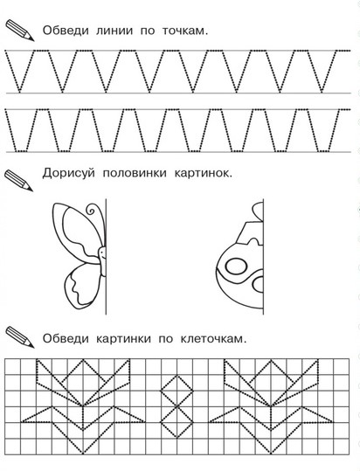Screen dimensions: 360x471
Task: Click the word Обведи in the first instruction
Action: pyautogui.click(x=66, y=31)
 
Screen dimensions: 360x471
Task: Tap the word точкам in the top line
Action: pyautogui.click(x=185, y=31)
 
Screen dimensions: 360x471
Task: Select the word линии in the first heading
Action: pyautogui.click(x=114, y=31)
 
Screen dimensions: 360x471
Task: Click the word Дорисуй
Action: pyautogui.click(x=69, y=173)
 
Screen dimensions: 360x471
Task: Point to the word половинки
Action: pyautogui.click(x=135, y=173)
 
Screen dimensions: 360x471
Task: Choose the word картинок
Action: pyautogui.click(x=204, y=173)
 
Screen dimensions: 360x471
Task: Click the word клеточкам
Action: pyautogui.click(x=213, y=338)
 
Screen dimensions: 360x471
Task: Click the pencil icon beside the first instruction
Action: pyautogui.click(x=20, y=31)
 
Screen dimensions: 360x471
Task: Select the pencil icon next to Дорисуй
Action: pyautogui.click(x=18, y=181)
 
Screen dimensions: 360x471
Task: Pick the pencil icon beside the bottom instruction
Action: pyautogui.click(x=20, y=337)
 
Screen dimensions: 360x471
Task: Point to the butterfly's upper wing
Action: pyautogui.click(x=77, y=232)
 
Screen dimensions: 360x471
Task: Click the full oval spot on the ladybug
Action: pyautogui.click(x=236, y=267)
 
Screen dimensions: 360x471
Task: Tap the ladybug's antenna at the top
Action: pyautogui.click(x=259, y=210)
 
